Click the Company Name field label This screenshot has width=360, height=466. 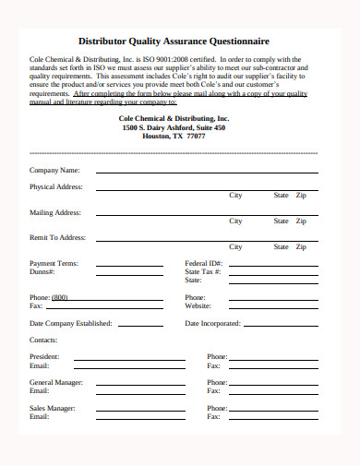(x=54, y=170)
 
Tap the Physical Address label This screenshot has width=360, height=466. (x=56, y=186)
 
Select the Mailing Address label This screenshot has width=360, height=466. (x=55, y=212)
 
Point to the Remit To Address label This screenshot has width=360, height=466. (x=57, y=237)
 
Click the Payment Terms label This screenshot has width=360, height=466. (x=54, y=263)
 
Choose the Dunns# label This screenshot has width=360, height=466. (x=42, y=271)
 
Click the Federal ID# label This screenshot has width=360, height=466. (x=203, y=263)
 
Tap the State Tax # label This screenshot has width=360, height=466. (x=204, y=271)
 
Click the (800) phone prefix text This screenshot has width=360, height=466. (x=60, y=297)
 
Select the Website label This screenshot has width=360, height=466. (x=199, y=305)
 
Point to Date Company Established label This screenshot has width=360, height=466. (x=71, y=324)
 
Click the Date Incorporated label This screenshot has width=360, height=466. (x=213, y=324)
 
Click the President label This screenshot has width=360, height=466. (x=44, y=356)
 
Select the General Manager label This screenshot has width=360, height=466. (x=56, y=382)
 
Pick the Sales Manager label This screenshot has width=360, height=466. (x=52, y=407)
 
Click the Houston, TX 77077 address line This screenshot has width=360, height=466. (x=174, y=135)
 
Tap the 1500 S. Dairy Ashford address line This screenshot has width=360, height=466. (x=174, y=126)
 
